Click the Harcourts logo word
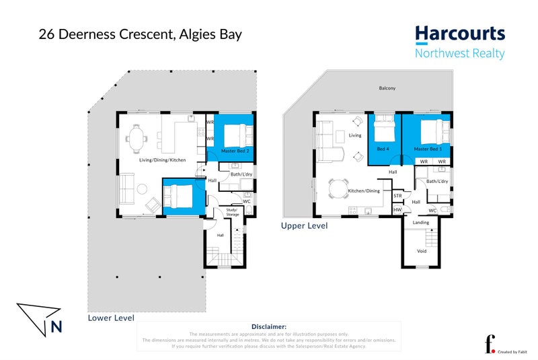pos(459,34)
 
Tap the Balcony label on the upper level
pos(387,88)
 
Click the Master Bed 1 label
pos(428,149)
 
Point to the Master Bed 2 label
pos(235,152)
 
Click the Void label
pos(422,251)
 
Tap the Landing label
pos(421,222)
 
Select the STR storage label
pos(397,196)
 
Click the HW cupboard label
pos(397,211)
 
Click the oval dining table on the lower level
pos(137,140)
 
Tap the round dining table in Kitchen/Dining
pos(338,184)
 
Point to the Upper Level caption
pos(304,226)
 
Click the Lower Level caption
pos(111,318)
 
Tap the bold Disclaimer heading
pos(269,326)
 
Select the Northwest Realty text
pos(459,54)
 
